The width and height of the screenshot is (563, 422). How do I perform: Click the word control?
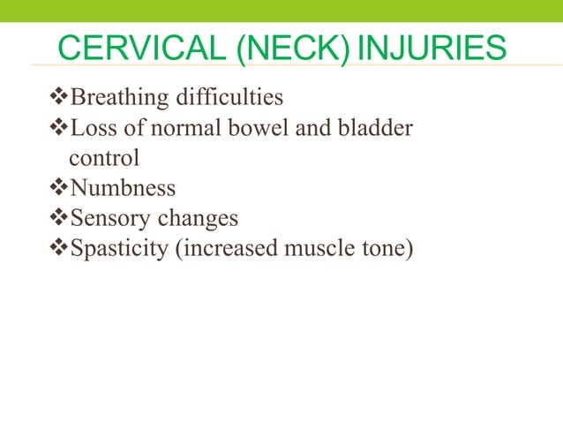(x=104, y=160)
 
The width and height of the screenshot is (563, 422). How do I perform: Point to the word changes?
(x=199, y=218)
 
